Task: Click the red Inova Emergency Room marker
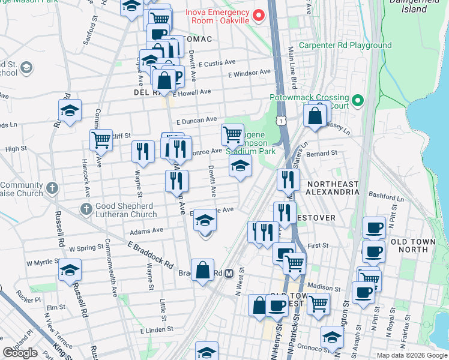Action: point(259,14)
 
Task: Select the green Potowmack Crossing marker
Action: point(358,100)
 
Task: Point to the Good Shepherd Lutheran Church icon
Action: point(87,209)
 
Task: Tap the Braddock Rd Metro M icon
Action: point(229,274)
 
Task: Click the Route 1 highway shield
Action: point(280,121)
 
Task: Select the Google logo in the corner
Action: point(20,353)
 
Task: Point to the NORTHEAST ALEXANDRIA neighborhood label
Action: point(332,188)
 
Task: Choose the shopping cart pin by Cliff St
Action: point(101,140)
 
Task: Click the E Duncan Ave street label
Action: point(196,120)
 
